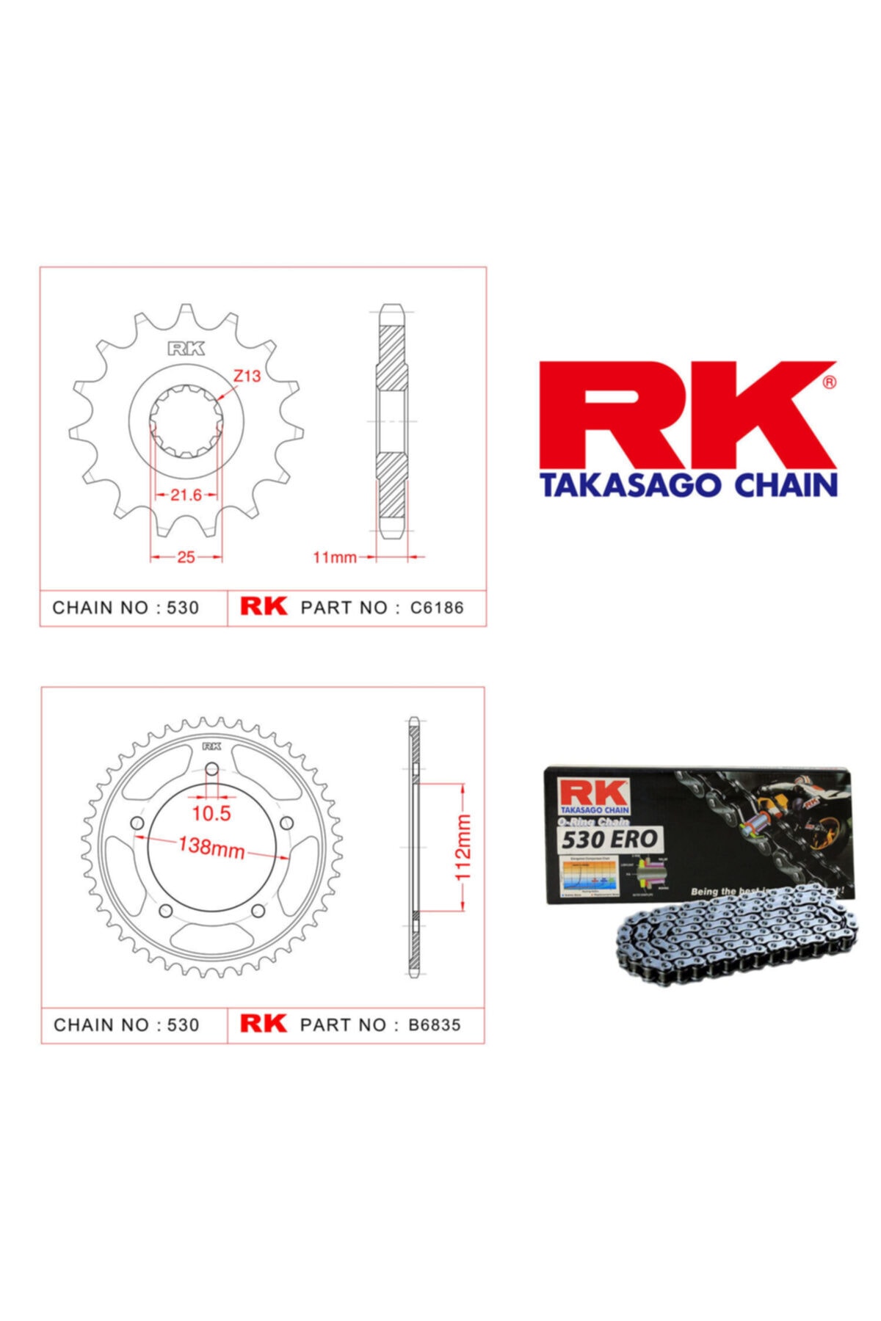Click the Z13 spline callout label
click(247, 376)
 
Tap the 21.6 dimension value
click(186, 495)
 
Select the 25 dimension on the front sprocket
click(186, 557)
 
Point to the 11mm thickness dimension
click(335, 558)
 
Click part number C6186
click(437, 608)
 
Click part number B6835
click(435, 1025)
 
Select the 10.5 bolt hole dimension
click(211, 813)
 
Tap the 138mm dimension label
click(211, 847)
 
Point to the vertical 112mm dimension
click(463, 847)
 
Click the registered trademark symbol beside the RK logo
click(829, 382)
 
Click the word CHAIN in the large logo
click(786, 485)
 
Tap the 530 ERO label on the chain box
click(609, 839)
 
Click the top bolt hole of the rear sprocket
click(211, 769)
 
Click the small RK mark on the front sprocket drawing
click(186, 349)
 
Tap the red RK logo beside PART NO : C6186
click(264, 606)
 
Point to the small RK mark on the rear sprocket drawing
click(211, 746)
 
